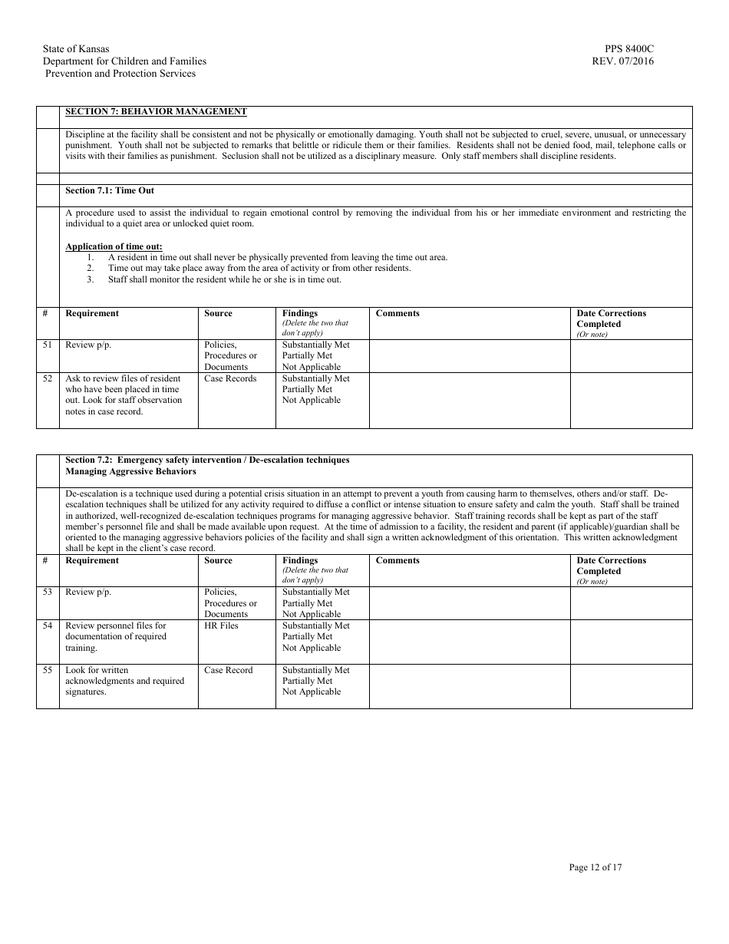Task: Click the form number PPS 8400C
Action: click(x=629, y=49)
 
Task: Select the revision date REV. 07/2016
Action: click(x=623, y=61)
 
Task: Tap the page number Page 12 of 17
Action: click(x=595, y=867)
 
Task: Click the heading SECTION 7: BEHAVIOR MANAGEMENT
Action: click(x=156, y=111)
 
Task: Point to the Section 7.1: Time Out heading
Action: click(x=110, y=190)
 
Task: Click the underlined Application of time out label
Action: click(x=114, y=246)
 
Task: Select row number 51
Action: click(x=48, y=345)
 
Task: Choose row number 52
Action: click(x=48, y=378)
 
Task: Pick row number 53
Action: click(x=48, y=592)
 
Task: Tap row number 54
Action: click(x=48, y=625)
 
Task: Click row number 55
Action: click(x=48, y=670)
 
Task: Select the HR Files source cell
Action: click(x=221, y=625)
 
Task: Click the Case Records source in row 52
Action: click(x=230, y=378)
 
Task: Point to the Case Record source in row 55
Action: click(x=228, y=670)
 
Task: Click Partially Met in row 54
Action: click(x=307, y=636)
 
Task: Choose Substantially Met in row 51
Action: click(x=315, y=345)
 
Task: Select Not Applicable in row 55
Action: click(x=311, y=691)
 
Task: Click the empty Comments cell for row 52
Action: click(x=469, y=400)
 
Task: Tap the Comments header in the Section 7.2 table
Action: click(x=397, y=560)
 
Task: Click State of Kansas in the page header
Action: click(x=76, y=49)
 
